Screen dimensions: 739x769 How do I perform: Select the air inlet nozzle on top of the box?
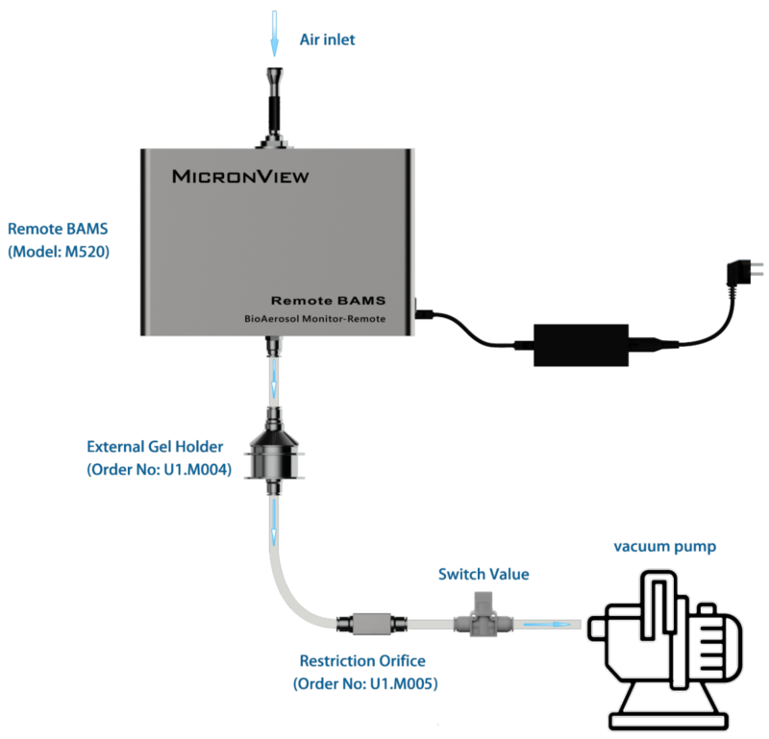(276, 106)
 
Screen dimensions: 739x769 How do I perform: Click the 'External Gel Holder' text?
(154, 447)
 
